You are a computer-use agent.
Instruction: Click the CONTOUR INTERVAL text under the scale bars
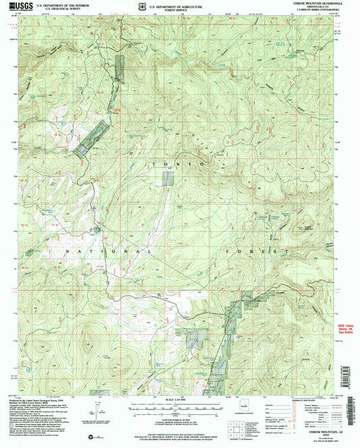[180, 420]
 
